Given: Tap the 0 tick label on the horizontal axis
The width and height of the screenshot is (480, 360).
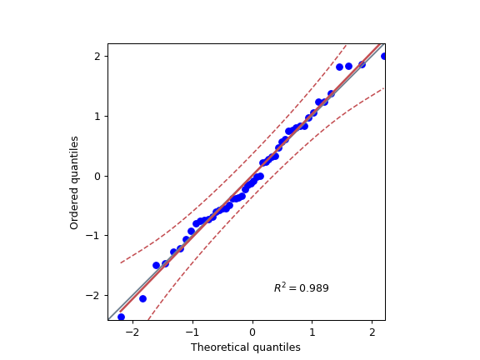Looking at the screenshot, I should tap(252, 331).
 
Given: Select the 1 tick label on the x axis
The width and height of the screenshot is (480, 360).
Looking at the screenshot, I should tap(312, 331).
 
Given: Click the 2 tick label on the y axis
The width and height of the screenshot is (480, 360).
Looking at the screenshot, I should tap(97, 56).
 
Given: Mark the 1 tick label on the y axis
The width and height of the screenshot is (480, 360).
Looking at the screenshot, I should tap(97, 116).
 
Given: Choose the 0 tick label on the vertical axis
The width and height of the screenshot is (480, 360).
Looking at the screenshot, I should tap(97, 176).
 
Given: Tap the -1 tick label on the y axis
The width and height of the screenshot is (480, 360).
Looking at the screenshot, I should tap(93, 236).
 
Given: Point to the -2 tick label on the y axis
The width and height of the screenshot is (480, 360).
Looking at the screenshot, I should tap(93, 296).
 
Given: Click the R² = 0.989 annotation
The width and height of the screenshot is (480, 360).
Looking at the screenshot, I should tap(301, 288).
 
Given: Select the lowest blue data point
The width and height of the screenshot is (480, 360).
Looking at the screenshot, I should tap(121, 317).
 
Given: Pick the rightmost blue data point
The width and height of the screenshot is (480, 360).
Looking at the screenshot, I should tap(383, 56).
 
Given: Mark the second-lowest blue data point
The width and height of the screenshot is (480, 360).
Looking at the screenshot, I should tap(142, 298).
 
